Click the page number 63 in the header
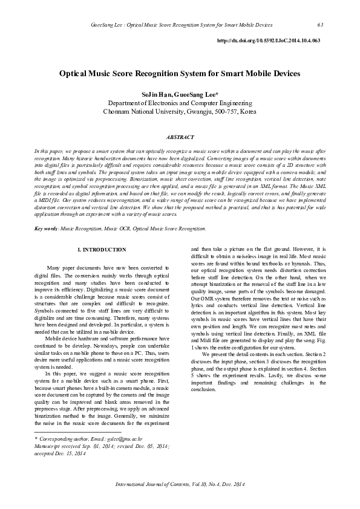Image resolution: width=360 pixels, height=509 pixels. click(x=320, y=25)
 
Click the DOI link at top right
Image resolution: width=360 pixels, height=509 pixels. click(x=268, y=40)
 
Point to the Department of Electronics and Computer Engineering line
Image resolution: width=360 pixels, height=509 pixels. click(x=180, y=103)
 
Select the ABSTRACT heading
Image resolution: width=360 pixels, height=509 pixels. click(x=180, y=138)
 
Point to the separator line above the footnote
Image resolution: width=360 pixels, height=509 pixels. click(x=78, y=432)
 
